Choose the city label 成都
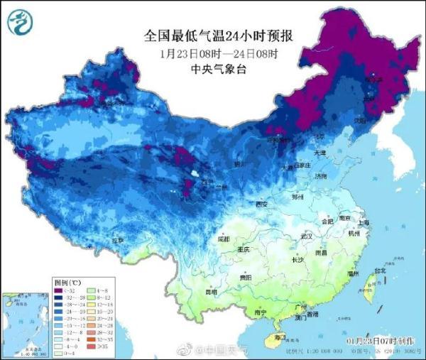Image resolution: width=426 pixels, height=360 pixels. coord(223,239)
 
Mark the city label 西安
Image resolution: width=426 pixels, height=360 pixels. coord(262,204)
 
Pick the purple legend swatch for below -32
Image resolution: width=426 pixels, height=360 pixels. coord(60,290)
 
